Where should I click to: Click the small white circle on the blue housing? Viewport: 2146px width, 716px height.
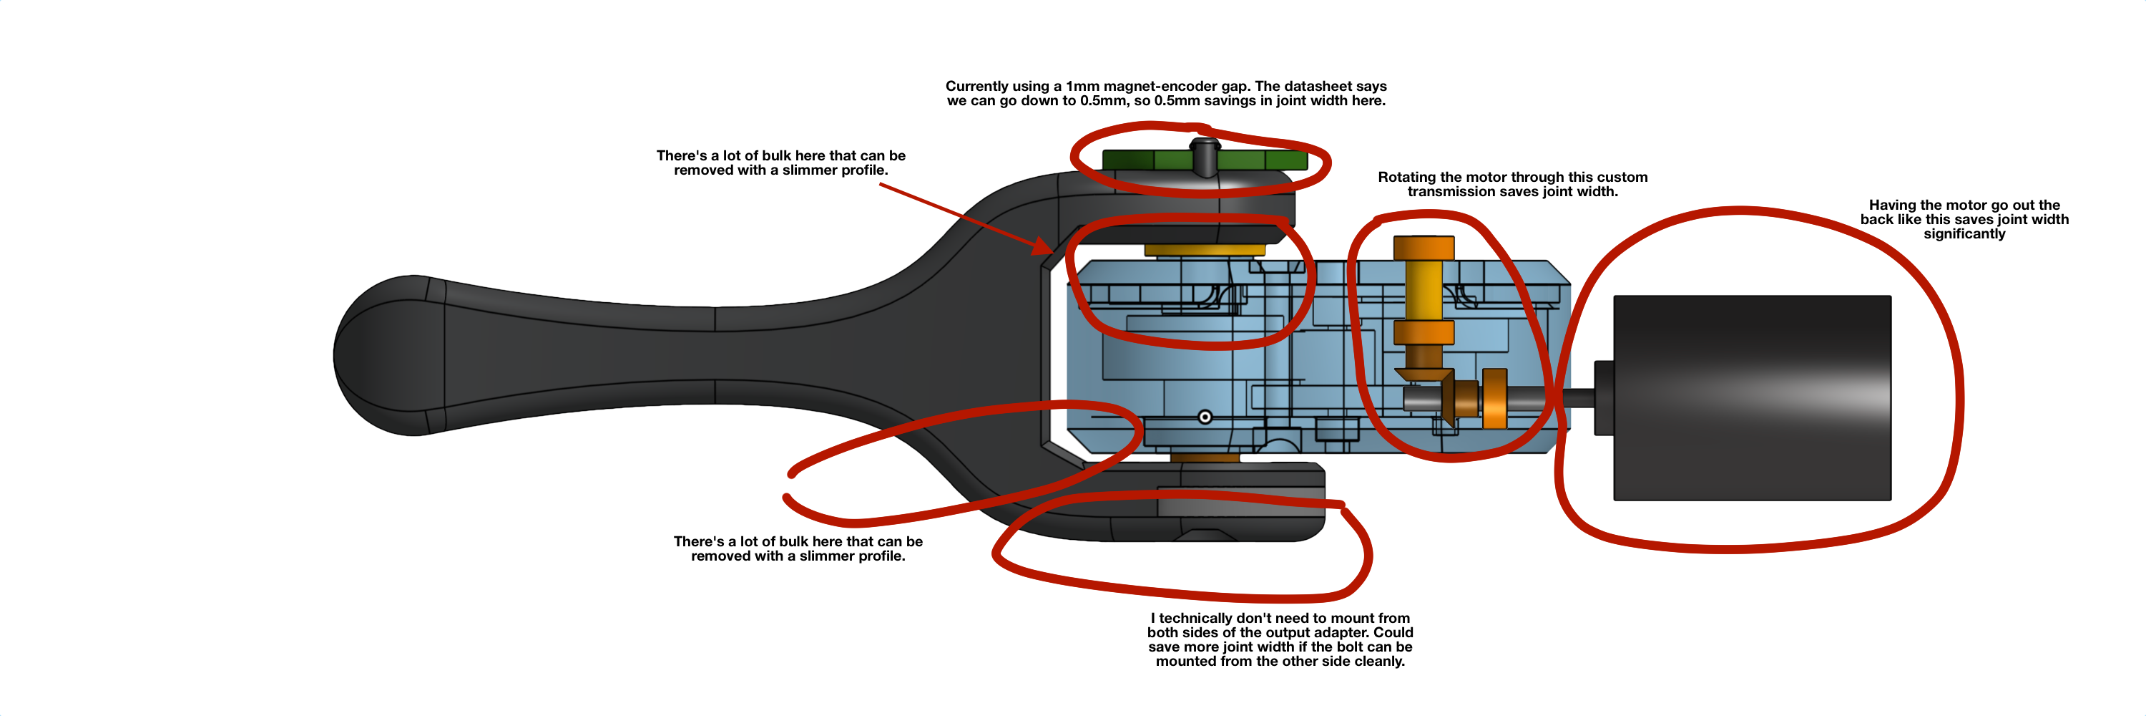pos(1205,417)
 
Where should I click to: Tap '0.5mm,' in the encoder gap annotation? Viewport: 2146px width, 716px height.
pos(1104,101)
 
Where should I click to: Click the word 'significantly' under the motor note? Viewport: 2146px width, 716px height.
pos(1964,234)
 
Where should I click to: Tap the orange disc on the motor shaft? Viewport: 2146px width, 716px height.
pos(1494,398)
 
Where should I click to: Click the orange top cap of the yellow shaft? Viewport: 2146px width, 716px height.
pos(1424,248)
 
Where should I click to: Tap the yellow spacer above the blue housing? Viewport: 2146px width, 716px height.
pos(1205,249)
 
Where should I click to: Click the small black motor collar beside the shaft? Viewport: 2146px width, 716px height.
pos(1604,397)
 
